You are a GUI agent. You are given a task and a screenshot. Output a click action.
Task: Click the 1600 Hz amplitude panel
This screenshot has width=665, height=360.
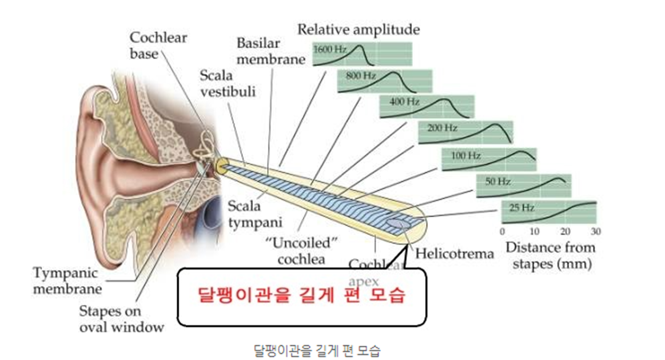(362, 54)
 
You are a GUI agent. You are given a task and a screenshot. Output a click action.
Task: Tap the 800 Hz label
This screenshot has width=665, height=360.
(361, 76)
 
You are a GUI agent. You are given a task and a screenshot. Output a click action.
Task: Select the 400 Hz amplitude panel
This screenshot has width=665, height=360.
(427, 107)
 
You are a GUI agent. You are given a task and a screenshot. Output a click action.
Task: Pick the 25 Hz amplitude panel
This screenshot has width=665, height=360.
(549, 213)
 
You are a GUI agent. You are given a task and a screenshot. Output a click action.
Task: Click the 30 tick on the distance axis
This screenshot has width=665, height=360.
(596, 232)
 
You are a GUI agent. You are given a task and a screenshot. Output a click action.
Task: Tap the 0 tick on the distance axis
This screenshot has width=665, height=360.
(502, 232)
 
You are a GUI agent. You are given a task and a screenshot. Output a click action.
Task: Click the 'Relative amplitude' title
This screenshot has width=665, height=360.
(358, 30)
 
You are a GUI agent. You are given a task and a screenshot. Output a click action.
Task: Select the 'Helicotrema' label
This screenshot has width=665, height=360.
(455, 254)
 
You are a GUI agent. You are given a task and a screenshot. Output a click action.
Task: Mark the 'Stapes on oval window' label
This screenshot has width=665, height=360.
(121, 319)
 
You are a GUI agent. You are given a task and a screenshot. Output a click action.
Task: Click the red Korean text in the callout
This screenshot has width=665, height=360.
(302, 296)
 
